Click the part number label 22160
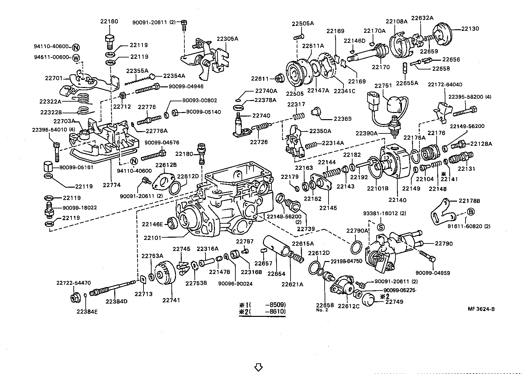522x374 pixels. (109, 21)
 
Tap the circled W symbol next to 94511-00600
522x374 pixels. (76, 58)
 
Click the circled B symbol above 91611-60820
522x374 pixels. (470, 212)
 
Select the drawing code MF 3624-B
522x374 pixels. (481, 309)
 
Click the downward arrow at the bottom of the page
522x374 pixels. (258, 367)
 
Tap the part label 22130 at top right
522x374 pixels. (470, 29)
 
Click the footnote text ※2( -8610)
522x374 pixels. (262, 312)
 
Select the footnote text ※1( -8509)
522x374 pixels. (262, 305)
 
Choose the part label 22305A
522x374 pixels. (227, 39)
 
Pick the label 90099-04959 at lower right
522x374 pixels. (433, 273)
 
